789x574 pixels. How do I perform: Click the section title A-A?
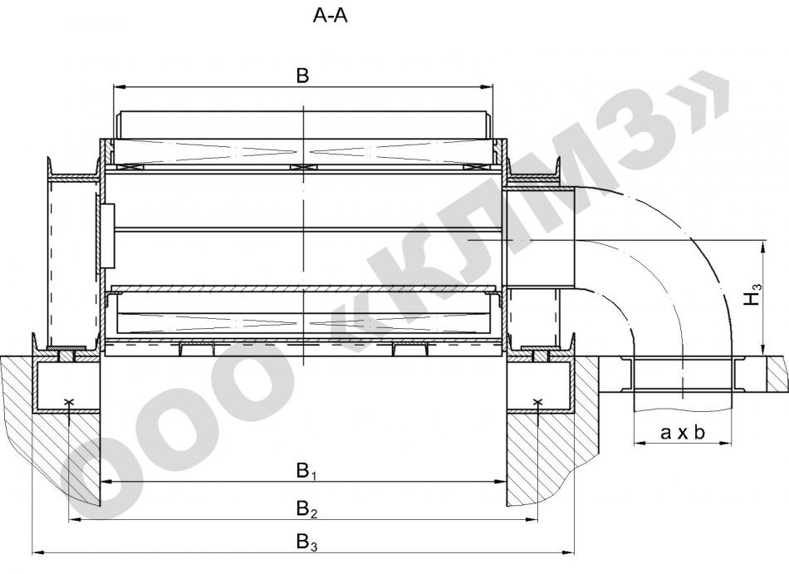[x=330, y=16]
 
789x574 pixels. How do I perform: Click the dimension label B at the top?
[x=302, y=76]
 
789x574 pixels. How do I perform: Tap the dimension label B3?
[x=307, y=542]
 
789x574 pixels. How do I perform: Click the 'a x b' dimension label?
[x=683, y=432]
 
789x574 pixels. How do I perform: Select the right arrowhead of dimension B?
[x=487, y=87]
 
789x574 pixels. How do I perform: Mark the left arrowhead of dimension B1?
[x=107, y=482]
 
